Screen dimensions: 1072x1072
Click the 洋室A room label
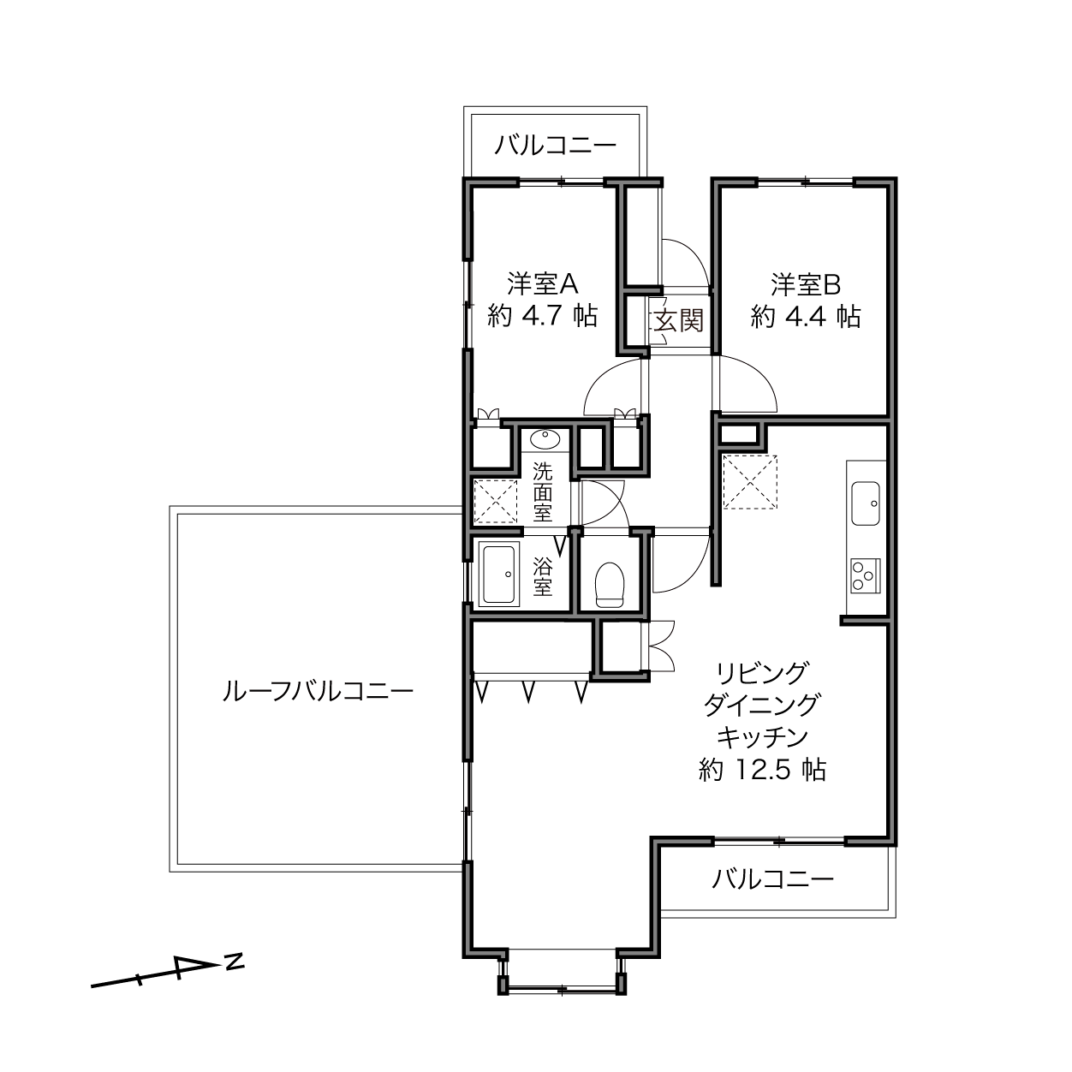[x=542, y=285]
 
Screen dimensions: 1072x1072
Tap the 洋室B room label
[x=805, y=285]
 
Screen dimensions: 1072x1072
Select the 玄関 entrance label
[x=677, y=321]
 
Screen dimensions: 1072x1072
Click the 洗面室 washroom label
[x=542, y=492]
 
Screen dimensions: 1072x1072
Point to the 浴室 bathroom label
[x=542, y=577]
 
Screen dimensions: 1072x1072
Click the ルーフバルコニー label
[x=318, y=692]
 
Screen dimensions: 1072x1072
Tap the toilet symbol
[x=609, y=585]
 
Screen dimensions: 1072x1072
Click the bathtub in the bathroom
[x=498, y=575]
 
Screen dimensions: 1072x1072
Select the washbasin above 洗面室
[x=545, y=439]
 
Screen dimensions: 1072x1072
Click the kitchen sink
[x=866, y=503]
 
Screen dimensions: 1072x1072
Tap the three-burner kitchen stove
[x=866, y=575]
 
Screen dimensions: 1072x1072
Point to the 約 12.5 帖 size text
[x=762, y=771]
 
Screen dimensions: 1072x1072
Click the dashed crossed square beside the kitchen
[x=749, y=482]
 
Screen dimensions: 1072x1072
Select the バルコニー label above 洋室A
[x=556, y=146]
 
